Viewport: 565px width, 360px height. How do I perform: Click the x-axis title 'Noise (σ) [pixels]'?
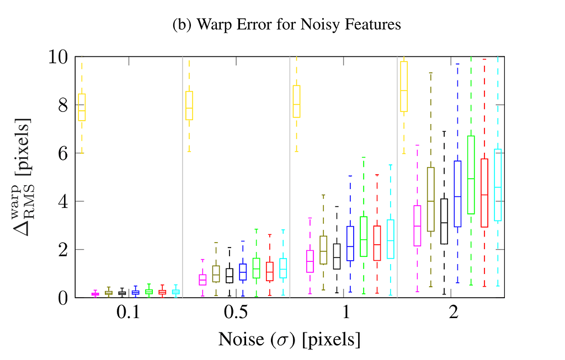coord(289,339)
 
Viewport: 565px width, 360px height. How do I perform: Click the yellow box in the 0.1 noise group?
coord(82,106)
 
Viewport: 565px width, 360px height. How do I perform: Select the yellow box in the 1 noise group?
coord(296,101)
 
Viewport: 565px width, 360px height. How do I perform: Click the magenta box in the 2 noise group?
coord(418,225)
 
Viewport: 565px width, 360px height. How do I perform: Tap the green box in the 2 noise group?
coord(471,175)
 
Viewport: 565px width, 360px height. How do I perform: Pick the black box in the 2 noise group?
coord(444,221)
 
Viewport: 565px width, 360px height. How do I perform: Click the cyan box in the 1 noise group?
coord(391,239)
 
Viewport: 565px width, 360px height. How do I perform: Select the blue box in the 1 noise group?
coord(350,243)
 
